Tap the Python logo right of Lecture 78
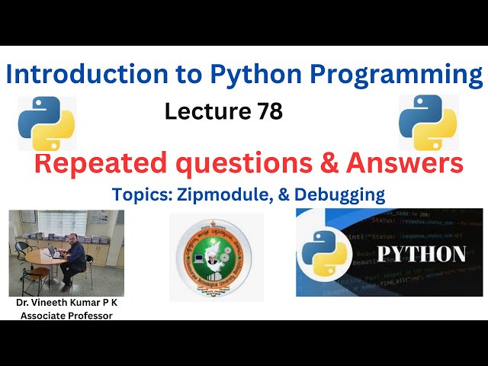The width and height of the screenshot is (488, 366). pyautogui.click(x=429, y=122)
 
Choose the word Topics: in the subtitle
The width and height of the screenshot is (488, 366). pyautogui.click(x=143, y=194)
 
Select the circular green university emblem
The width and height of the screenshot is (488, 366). pyautogui.click(x=216, y=258)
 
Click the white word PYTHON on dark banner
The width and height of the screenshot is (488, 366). pyautogui.click(x=423, y=253)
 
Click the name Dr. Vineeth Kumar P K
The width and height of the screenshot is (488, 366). pyautogui.click(x=66, y=303)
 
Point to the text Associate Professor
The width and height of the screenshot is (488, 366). pyautogui.click(x=66, y=315)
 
